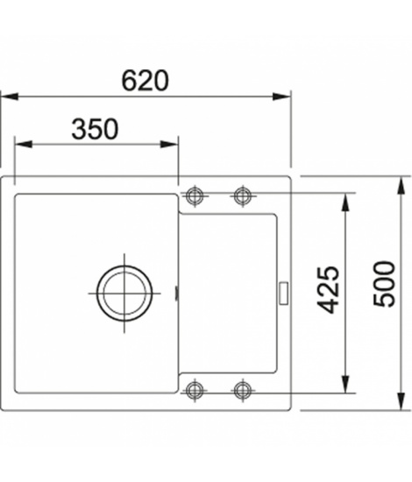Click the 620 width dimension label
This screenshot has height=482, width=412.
(146, 81)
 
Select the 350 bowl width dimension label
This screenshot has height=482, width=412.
(95, 129)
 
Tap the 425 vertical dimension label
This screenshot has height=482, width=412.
(328, 289)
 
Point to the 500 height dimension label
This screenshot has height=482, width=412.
(384, 283)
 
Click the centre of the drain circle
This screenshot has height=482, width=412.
(124, 293)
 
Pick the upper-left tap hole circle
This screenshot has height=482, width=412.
(195, 195)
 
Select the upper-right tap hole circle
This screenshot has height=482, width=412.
(243, 195)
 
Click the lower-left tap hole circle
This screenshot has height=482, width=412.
(195, 390)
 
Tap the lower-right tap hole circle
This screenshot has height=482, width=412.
(243, 390)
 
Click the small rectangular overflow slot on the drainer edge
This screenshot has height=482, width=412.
(283, 293)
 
